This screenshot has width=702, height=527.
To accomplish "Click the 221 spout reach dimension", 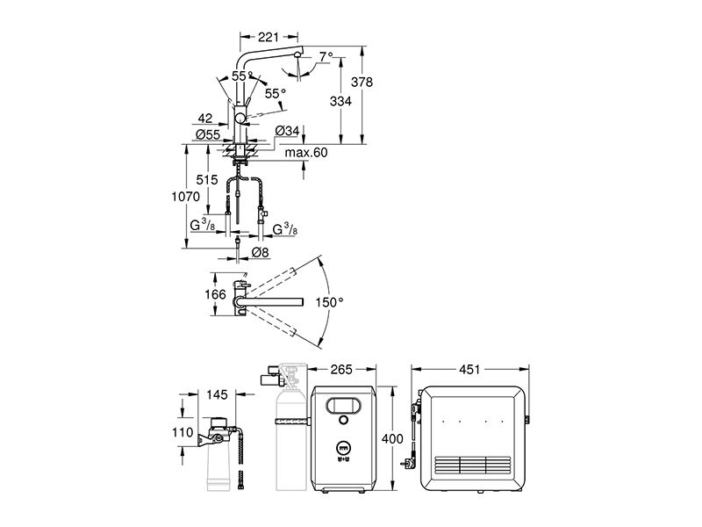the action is tap(269, 37).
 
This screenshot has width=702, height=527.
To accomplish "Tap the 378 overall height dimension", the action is tap(362, 82).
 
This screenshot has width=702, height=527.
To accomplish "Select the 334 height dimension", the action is tap(340, 101).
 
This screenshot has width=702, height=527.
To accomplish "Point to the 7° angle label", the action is tap(326, 56).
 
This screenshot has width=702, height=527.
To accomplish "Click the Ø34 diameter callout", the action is tap(287, 130).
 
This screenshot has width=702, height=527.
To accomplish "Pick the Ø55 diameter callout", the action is tap(208, 134).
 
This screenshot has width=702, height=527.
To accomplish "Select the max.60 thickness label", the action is tap(306, 153).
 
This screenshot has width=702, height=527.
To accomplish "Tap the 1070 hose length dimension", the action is tap(186, 196).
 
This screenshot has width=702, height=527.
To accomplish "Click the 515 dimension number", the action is tap(207, 180).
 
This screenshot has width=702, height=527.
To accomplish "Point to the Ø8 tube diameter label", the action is tap(260, 253).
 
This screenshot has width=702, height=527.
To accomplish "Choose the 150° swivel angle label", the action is tap(329, 302).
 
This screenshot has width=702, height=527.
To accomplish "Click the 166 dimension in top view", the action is tap(215, 294).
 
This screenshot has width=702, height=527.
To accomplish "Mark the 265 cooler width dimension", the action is tap(341, 369).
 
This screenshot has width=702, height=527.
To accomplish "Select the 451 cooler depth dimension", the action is tap(469, 369).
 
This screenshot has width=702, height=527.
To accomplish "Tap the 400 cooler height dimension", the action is tap(392, 438).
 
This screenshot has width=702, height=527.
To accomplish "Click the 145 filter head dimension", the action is tap(217, 394).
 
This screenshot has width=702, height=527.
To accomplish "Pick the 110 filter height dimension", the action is tap(183, 432).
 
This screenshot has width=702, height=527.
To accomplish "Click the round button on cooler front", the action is tap(343, 421).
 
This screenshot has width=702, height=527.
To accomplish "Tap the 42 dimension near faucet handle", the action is tap(205, 119).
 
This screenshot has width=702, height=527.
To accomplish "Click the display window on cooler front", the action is tap(343, 406).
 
